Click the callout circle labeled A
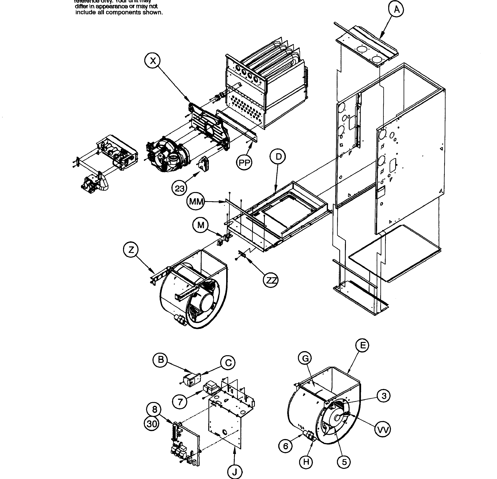397,10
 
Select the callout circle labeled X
153,61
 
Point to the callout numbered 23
180,188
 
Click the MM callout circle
196,202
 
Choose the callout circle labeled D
278,157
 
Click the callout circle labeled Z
131,250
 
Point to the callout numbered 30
152,424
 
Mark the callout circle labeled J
235,472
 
